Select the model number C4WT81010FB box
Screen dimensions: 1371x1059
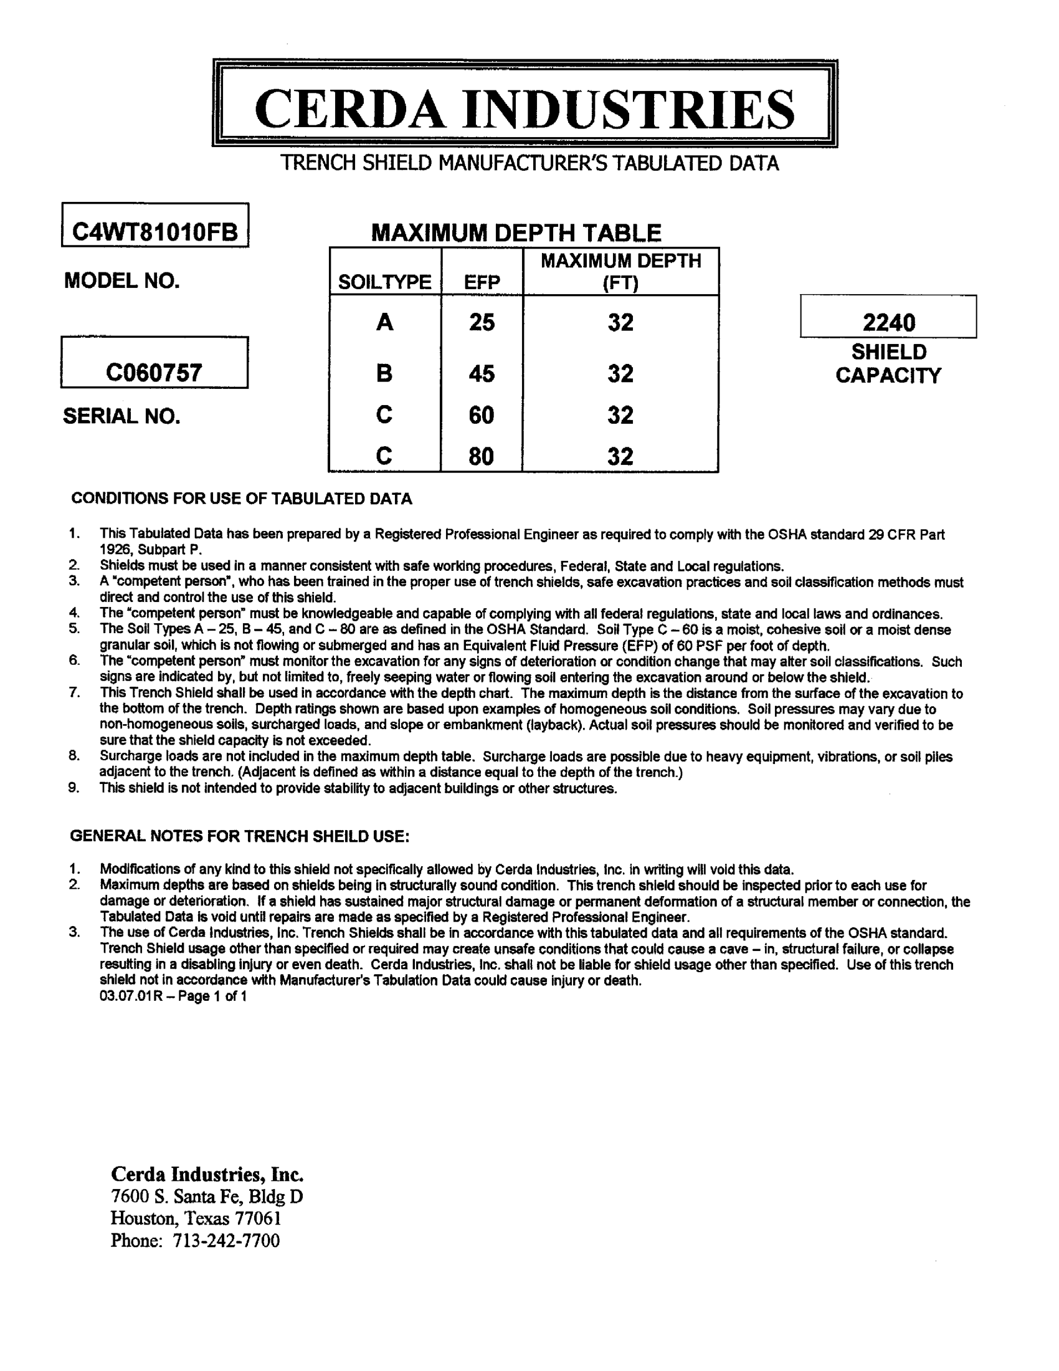(x=155, y=232)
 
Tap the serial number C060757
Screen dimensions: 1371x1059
(x=154, y=373)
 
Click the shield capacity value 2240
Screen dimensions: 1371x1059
(x=888, y=323)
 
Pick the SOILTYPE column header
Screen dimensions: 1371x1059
(x=384, y=282)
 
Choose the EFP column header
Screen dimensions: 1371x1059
(x=482, y=282)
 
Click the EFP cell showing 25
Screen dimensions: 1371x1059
(x=482, y=323)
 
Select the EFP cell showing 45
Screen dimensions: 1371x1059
(x=482, y=374)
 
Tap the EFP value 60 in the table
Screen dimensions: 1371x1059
(x=482, y=415)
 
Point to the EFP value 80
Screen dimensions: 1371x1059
(x=482, y=456)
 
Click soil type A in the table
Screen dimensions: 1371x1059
(x=384, y=323)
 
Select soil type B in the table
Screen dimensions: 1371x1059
(x=384, y=374)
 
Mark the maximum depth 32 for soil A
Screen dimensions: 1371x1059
(x=620, y=323)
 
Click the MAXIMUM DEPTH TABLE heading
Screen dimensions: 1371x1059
(x=516, y=233)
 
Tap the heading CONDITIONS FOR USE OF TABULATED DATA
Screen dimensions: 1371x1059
(x=242, y=499)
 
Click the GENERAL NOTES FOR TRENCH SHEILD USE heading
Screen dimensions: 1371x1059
(x=240, y=836)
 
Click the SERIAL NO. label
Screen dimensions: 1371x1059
(x=121, y=416)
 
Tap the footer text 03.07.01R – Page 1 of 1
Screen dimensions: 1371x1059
(x=173, y=996)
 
